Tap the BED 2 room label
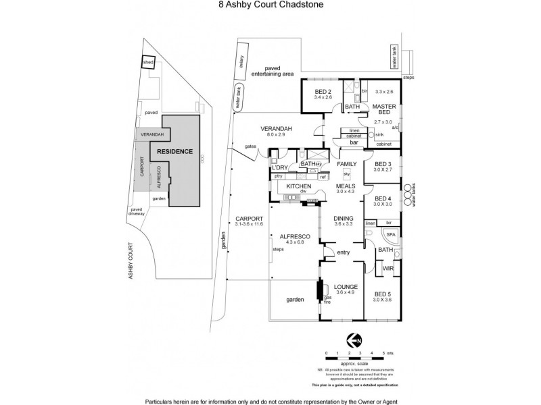coord(323,92)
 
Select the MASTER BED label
coord(383,110)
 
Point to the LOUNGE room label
coord(346,286)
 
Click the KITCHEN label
coord(298,186)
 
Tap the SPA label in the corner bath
coord(390,234)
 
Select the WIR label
coord(387,268)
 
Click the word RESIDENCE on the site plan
coord(175,152)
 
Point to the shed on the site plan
coord(147,63)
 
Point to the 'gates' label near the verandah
coord(250,146)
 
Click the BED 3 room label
coord(383,164)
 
